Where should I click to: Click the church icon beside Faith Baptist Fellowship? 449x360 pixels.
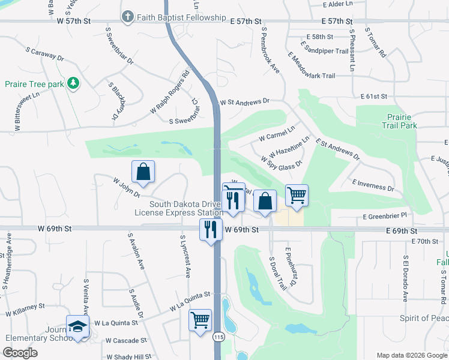[127, 17]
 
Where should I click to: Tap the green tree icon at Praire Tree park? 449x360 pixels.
[73, 83]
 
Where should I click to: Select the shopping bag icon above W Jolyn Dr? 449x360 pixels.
[143, 173]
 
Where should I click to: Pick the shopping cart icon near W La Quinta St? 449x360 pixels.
[200, 320]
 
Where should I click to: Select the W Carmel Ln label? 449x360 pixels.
[277, 133]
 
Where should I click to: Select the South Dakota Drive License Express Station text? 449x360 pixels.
[187, 208]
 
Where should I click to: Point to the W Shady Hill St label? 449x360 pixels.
[128, 356]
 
